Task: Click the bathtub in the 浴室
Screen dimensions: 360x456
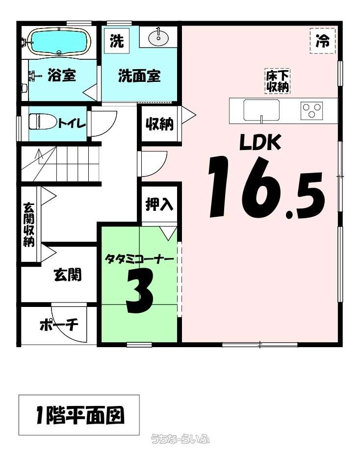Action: click(59, 42)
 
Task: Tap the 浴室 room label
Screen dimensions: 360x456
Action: click(62, 75)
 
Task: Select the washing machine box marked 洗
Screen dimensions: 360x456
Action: click(117, 41)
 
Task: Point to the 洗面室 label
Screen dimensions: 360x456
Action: click(139, 76)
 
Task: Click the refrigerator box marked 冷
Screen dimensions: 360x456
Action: click(323, 41)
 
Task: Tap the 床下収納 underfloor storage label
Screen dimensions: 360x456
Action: click(278, 81)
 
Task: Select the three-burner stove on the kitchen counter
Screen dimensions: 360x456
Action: click(311, 111)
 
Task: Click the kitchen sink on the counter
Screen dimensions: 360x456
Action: click(261, 110)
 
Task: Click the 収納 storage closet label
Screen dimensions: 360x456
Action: click(159, 124)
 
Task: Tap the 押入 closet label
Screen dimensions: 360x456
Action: click(159, 204)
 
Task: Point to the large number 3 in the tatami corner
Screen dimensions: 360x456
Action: click(140, 291)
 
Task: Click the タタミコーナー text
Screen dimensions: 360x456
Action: click(139, 258)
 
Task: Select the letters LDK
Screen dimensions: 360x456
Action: click(260, 142)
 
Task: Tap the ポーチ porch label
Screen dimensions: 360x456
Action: click(59, 325)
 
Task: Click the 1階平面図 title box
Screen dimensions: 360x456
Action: click(79, 415)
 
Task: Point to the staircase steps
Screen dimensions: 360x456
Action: click(60, 164)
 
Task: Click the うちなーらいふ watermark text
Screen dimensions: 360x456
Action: click(180, 439)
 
